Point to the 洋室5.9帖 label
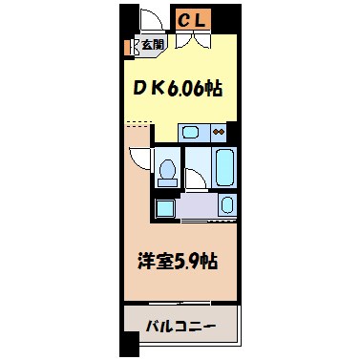click(x=180, y=259)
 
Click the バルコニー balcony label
click(x=180, y=325)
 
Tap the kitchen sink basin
click(x=192, y=131)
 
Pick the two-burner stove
click(x=219, y=131)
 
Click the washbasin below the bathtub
click(x=227, y=203)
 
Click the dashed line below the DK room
click(x=139, y=121)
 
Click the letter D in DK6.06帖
click(x=138, y=89)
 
